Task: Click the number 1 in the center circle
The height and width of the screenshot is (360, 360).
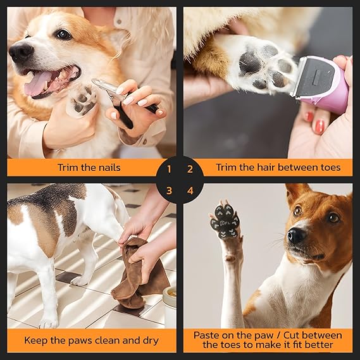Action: click(x=169, y=169)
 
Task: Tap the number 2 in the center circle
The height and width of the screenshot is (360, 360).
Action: click(x=190, y=169)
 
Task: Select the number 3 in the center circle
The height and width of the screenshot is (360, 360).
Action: click(x=169, y=190)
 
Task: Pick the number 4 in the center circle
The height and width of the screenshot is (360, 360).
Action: click(x=190, y=190)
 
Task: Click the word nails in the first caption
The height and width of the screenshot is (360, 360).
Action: click(x=109, y=168)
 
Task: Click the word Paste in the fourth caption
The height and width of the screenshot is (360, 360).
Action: click(x=206, y=335)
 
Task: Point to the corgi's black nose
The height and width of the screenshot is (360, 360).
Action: click(x=21, y=52)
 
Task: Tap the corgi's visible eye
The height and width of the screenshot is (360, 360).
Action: click(x=64, y=34)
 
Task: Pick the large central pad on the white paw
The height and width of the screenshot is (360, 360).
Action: click(x=251, y=63)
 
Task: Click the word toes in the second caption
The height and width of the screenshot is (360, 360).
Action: click(x=331, y=168)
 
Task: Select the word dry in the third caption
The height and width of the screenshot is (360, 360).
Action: click(x=151, y=341)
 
